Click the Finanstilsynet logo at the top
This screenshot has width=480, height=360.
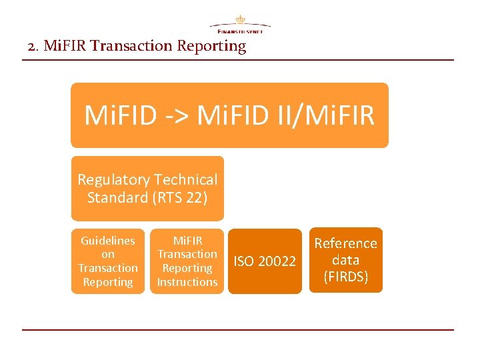click(240, 25)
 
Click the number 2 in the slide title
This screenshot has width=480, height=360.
click(32, 46)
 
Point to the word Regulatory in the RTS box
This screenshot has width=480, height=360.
click(113, 179)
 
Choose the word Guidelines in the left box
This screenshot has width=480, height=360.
click(108, 241)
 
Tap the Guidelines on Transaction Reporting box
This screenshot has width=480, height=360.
click(108, 261)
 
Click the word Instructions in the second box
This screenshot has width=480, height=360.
click(187, 282)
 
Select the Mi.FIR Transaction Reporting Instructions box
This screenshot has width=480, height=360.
click(187, 261)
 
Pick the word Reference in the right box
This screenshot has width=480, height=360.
click(345, 243)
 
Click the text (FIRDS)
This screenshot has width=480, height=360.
click(345, 277)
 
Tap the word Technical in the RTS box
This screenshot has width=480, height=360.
click(186, 179)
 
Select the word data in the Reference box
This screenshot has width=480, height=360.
click(345, 260)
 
